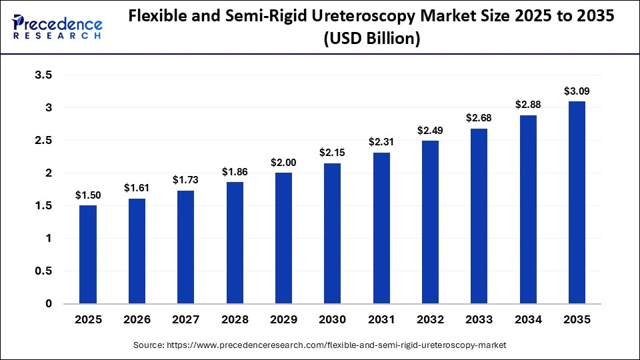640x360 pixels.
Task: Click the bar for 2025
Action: [88, 255]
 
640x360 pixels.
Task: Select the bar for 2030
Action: [332, 233]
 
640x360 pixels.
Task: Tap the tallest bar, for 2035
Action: [577, 203]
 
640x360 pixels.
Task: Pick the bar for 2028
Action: [235, 243]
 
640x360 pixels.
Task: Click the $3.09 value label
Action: [577, 91]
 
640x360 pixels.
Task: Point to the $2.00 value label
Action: [283, 162]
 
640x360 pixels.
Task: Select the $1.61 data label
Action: [137, 188]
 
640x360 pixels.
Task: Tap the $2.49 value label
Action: [430, 130]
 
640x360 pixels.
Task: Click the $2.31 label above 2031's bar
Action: [381, 142]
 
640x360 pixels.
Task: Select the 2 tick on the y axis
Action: [48, 173]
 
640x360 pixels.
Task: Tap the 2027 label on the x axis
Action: [185, 320]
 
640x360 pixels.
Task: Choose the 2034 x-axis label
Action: [528, 320]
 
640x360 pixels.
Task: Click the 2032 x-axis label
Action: [430, 320]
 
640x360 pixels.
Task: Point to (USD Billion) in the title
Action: [371, 39]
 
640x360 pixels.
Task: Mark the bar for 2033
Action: [479, 216]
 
